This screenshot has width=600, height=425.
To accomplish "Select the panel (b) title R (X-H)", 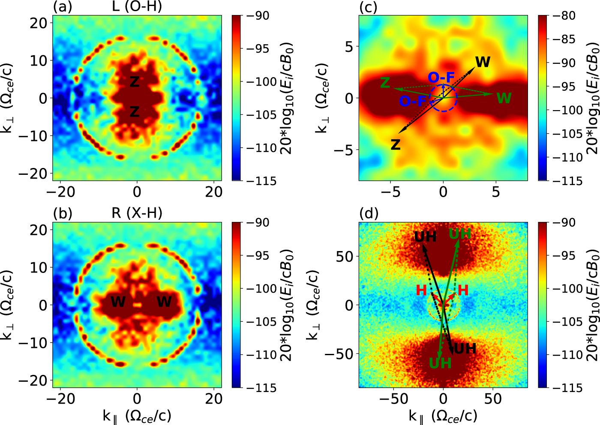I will click(x=137, y=213).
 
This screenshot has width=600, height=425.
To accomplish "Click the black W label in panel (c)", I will click(x=483, y=62).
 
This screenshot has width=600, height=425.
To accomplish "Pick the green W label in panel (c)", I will click(x=504, y=99).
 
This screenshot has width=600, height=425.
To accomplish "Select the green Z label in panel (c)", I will click(x=385, y=82).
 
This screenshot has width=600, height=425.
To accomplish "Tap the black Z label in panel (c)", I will click(x=395, y=144).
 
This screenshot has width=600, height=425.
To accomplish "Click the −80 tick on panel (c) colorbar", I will click(x=565, y=16).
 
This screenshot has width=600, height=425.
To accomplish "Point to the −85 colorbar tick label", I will click(x=565, y=39).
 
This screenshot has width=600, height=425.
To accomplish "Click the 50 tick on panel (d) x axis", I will click(x=493, y=399).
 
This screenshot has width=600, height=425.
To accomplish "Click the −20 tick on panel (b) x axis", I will click(x=60, y=399).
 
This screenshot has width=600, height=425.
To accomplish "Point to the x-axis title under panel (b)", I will click(x=137, y=415).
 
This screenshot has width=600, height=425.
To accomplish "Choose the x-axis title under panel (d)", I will click(x=443, y=415).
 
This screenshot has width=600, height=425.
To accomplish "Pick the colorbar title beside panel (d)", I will click(x=593, y=305).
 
